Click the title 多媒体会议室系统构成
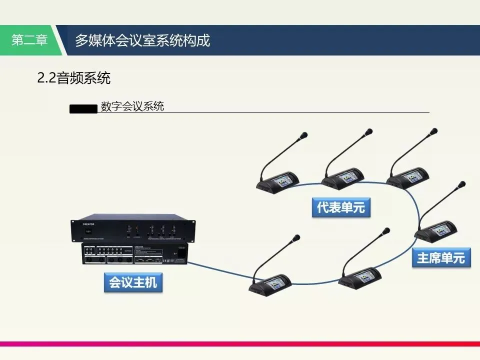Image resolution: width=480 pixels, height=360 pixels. coord(142,40)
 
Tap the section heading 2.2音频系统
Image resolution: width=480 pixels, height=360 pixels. coord(73,78)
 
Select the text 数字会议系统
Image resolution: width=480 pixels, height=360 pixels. coord(132,106)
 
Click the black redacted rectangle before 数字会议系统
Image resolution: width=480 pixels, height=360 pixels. coord(83,108)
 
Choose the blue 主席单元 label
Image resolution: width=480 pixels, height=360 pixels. coord(441,258)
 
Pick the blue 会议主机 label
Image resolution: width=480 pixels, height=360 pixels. coord(133,282)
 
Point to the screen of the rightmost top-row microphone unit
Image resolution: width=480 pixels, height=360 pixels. coord(411,176)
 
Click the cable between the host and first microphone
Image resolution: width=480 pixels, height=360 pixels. coord(220,272)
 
